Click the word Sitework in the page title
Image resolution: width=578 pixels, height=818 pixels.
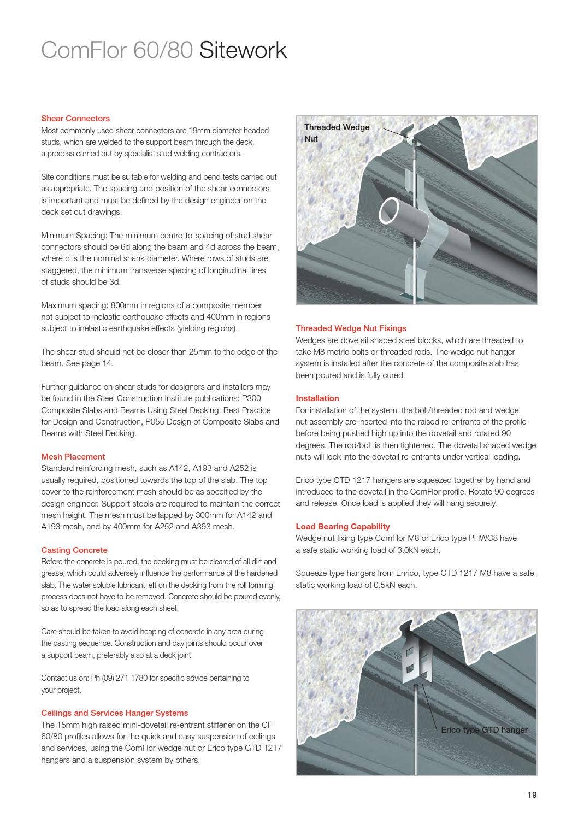pos(243,50)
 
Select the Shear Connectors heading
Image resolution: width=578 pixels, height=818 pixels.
pos(75,119)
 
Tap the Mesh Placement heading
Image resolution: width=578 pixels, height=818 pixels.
pos(73,457)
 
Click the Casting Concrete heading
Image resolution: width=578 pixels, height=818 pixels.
pos(74,550)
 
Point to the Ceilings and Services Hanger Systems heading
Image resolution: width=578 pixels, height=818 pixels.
pos(114,713)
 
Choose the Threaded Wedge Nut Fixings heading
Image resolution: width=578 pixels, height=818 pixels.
pos(351,328)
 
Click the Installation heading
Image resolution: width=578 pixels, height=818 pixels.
pos(317,398)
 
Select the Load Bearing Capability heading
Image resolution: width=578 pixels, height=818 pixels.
pos(343,527)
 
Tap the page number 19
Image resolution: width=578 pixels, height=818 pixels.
pos(532,795)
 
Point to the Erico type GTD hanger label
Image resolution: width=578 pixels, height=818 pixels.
pos(484,730)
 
